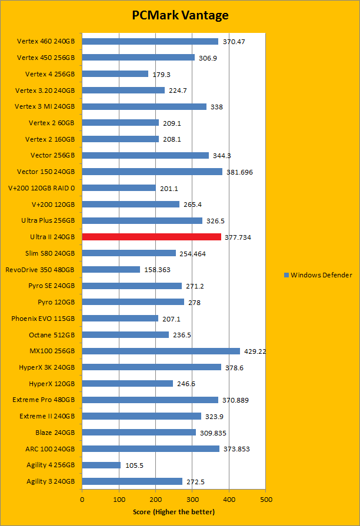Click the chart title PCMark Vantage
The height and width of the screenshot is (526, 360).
click(179, 15)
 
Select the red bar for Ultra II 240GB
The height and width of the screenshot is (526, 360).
click(151, 237)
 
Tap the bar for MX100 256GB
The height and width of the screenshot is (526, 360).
click(161, 351)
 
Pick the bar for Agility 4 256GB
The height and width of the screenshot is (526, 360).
click(101, 465)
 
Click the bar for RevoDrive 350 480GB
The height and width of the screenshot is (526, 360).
click(111, 269)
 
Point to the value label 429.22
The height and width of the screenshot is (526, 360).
click(255, 351)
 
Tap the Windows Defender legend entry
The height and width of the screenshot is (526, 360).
click(318, 274)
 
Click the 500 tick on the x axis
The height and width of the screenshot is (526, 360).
click(266, 499)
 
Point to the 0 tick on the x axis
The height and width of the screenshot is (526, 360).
click(82, 499)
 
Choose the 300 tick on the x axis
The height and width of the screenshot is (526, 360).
click(192, 499)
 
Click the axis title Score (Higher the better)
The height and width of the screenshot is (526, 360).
click(174, 512)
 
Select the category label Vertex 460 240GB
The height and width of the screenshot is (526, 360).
click(46, 41)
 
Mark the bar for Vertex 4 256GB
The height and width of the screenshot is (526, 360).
click(115, 74)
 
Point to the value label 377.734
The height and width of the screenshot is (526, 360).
click(238, 237)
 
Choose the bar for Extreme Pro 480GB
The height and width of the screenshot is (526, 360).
click(150, 400)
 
